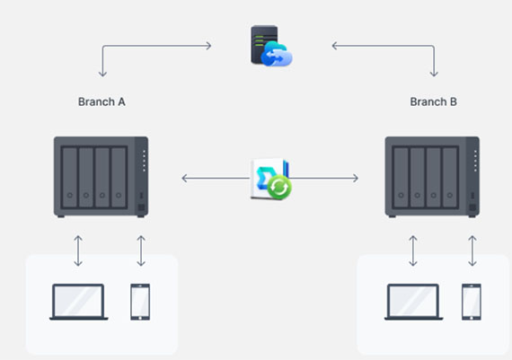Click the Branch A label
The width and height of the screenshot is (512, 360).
[x=102, y=101]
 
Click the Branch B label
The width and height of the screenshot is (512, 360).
[x=433, y=101]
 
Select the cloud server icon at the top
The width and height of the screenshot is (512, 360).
[x=271, y=46]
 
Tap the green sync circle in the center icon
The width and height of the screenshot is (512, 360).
[x=279, y=187]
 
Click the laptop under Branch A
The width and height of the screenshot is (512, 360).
[x=79, y=302]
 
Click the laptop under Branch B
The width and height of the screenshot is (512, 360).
[x=414, y=302]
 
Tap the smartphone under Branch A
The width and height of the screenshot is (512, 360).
[x=140, y=302]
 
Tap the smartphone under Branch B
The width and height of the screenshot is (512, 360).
[x=472, y=302]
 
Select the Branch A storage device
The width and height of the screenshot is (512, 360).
[x=101, y=177]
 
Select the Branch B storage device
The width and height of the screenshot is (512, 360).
[x=432, y=177]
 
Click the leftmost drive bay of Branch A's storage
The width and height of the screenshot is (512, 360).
[x=69, y=177]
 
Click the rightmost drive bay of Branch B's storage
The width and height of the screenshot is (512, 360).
[x=450, y=177]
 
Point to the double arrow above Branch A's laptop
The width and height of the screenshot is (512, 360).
[x=78, y=250]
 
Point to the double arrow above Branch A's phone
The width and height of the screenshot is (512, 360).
[x=141, y=250]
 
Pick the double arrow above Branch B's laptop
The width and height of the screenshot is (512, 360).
[x=412, y=250]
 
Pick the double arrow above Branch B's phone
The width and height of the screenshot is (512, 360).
[x=472, y=250]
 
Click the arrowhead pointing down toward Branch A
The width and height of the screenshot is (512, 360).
[x=103, y=75]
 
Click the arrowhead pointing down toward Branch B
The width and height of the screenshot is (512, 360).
[x=434, y=75]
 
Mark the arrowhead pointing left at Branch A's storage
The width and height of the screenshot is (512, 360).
[x=184, y=179]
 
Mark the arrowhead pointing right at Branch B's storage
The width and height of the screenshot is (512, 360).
[x=356, y=179]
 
